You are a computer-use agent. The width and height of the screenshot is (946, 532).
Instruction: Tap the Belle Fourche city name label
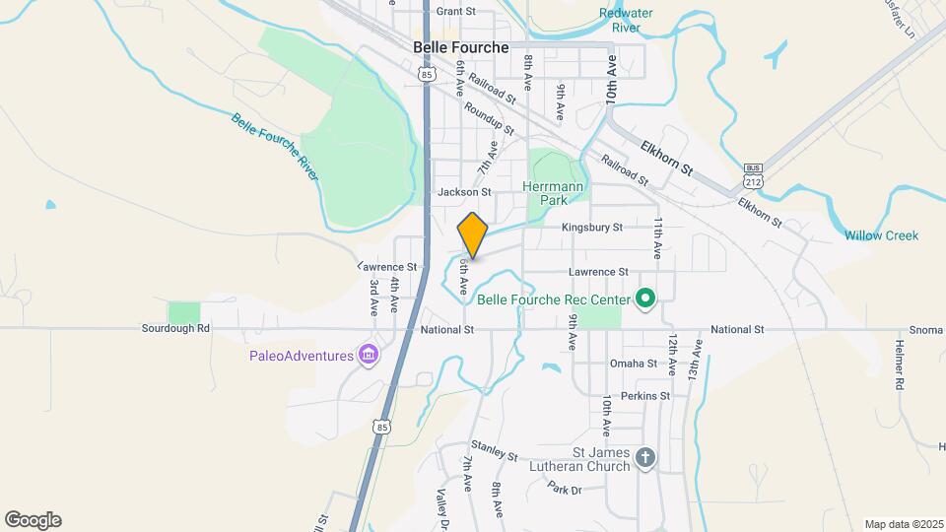461,47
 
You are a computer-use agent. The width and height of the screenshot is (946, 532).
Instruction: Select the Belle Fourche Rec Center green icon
645,297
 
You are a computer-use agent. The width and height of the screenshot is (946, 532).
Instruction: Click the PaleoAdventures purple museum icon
369,355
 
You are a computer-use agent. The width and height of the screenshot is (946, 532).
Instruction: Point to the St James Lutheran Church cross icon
645,457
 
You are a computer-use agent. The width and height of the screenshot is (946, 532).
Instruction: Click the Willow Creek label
881,235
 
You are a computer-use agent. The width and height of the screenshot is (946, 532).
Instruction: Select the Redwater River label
627,21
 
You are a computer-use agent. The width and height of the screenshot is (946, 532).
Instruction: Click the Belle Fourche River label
276,146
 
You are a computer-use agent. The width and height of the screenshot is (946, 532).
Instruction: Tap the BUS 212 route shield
754,173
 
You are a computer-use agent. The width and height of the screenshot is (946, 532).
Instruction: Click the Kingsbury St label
592,228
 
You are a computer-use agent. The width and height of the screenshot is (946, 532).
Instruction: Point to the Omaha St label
633,364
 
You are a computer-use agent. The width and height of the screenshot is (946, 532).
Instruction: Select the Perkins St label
645,396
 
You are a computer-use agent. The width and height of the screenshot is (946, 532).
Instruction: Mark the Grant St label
455,12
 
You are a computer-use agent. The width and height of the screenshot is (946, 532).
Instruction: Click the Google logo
33,520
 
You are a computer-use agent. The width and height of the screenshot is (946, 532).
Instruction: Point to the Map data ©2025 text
902,524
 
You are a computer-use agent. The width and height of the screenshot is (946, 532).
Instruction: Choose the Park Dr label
567,488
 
